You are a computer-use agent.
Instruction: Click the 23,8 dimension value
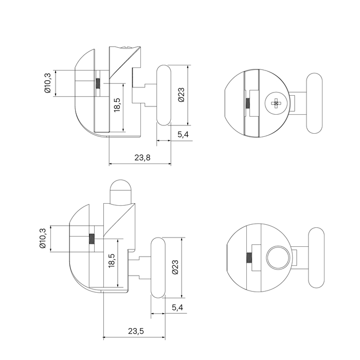[x=142, y=158]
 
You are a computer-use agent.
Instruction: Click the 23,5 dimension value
[x=136, y=331]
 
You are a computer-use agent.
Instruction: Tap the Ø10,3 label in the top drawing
[x=47, y=83]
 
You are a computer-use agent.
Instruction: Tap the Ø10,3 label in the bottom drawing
[x=43, y=239]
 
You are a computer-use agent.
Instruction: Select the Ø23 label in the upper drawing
[x=182, y=95]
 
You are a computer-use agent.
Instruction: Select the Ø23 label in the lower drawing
[x=175, y=267]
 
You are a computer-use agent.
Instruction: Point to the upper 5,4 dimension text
[x=183, y=134]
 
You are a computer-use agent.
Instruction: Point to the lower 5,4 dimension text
[x=177, y=307]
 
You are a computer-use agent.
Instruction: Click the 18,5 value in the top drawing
[x=117, y=105]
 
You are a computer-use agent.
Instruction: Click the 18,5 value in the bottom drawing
[x=112, y=261]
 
